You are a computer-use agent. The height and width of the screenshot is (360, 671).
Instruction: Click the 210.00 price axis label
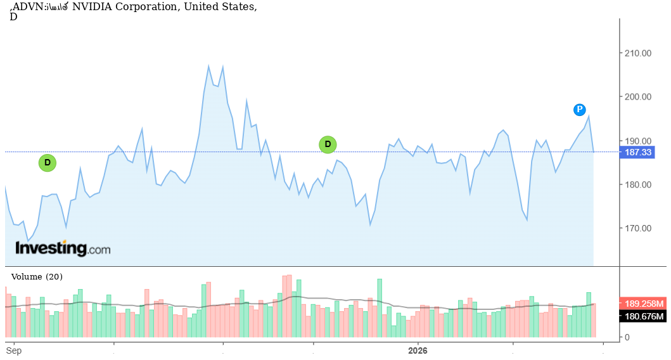click(638, 53)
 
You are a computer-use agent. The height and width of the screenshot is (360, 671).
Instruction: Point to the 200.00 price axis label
click(638, 97)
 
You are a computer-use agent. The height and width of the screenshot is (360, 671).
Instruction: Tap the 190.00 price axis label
click(638, 141)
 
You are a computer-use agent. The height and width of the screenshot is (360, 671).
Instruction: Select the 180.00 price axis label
click(638, 184)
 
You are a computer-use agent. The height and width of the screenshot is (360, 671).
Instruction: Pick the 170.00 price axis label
click(638, 228)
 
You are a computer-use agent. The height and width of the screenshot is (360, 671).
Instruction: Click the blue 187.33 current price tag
click(638, 152)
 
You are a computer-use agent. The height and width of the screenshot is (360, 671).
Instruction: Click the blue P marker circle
click(579, 110)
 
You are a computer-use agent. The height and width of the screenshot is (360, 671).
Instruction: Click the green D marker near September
click(48, 163)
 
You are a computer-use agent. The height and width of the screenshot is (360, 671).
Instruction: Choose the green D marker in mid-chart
click(328, 145)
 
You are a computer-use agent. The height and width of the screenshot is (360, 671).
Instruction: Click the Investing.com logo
click(63, 248)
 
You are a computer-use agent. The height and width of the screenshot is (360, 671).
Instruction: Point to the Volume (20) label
click(37, 277)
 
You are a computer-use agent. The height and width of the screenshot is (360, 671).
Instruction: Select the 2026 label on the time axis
click(418, 350)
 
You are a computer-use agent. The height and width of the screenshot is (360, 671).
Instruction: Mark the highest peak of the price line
click(208, 66)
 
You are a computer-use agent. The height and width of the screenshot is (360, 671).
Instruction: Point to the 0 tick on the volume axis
click(627, 337)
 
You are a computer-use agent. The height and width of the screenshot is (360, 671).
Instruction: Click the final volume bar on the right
click(593, 320)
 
